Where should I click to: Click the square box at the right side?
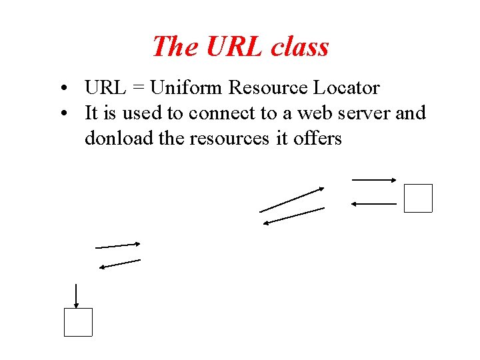tap(418, 198)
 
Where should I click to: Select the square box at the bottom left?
tap(78, 322)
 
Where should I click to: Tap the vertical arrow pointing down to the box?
tap(77, 295)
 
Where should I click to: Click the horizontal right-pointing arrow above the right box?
tap(374, 179)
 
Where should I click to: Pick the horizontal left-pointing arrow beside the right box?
tap(373, 203)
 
